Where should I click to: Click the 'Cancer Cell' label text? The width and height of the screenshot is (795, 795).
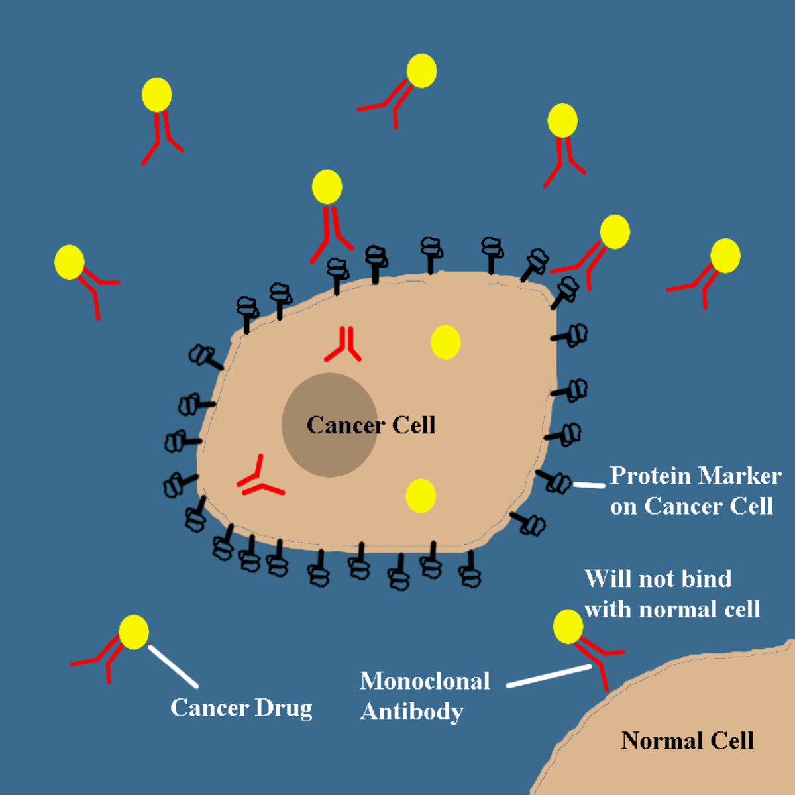[371, 425]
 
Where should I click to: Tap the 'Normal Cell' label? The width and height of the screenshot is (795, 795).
[687, 741]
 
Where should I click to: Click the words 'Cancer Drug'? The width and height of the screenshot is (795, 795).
[241, 708]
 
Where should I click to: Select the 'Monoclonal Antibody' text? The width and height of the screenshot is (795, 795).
[424, 696]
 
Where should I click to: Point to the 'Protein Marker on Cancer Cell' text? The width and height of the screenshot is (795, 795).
[694, 491]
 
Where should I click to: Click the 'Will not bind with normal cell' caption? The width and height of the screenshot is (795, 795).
[670, 594]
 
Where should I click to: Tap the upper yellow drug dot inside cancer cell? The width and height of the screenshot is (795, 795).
[445, 343]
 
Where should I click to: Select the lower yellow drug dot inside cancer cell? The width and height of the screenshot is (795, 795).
[421, 496]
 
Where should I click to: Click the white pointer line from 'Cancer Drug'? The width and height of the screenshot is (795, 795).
[173, 666]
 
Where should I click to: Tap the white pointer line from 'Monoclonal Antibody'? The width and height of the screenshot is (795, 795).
[549, 676]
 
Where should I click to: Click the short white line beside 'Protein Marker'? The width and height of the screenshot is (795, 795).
[588, 485]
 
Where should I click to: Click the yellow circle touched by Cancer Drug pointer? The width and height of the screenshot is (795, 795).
[134, 632]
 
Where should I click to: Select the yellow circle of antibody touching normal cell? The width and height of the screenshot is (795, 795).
[568, 627]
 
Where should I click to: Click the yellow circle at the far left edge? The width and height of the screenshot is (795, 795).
[70, 262]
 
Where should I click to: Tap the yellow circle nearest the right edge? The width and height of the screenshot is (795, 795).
[725, 256]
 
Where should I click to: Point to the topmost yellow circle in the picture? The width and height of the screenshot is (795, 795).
[421, 71]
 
